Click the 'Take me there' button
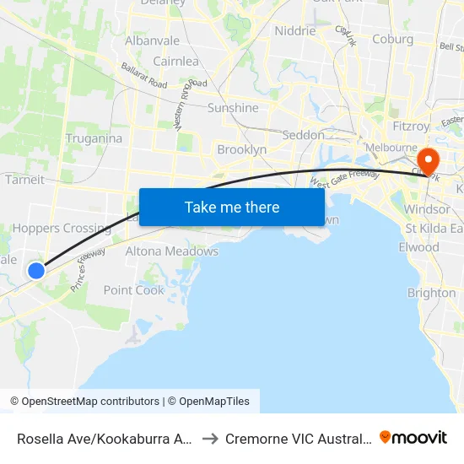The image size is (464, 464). (x=232, y=207)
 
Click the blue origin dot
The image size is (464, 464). (x=36, y=270)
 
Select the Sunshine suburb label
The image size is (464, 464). (x=233, y=108)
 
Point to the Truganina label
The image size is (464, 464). (x=94, y=138)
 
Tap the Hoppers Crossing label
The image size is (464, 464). (x=62, y=228)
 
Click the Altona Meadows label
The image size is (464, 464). (x=171, y=251)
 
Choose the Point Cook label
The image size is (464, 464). (x=134, y=290)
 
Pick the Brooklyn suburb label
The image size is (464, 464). (x=241, y=149)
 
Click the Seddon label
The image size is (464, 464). (x=303, y=135)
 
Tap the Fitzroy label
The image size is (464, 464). (x=411, y=126)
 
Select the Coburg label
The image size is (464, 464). (x=393, y=39)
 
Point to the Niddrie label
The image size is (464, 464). (x=295, y=31)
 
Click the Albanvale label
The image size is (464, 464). (x=152, y=40)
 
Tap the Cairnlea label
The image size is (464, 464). (x=175, y=62)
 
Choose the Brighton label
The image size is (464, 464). (x=431, y=293)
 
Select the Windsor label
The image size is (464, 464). (x=427, y=209)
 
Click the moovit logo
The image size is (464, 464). (x=413, y=438)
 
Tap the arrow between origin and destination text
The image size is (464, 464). (x=210, y=439)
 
